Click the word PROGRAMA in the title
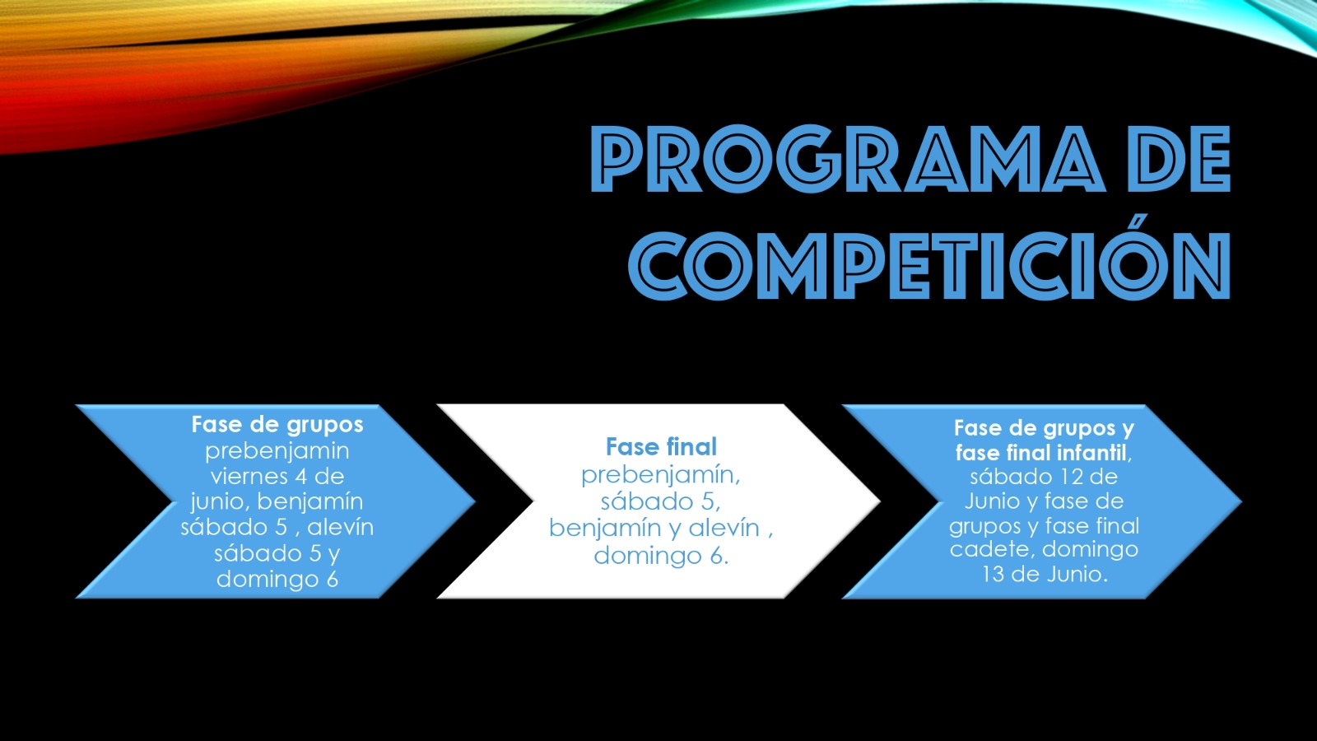[x=848, y=159]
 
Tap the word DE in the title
[x=1182, y=159]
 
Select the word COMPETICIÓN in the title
[x=929, y=266]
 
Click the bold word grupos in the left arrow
[x=325, y=426]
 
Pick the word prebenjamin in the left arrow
[x=277, y=452]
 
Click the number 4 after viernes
[x=300, y=477]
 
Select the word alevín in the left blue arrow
[x=341, y=527]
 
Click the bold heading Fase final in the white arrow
[x=662, y=447]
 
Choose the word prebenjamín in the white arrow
[x=660, y=475]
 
